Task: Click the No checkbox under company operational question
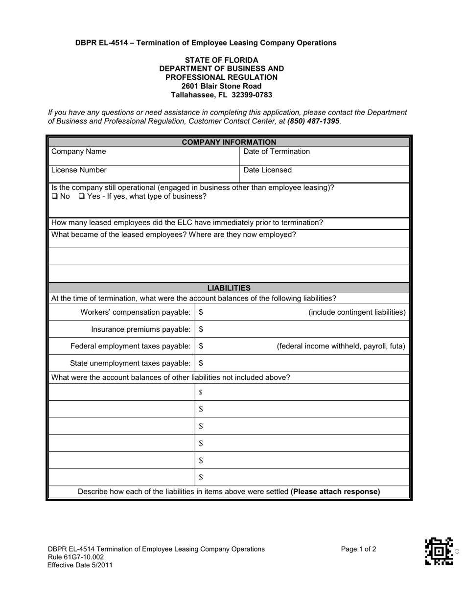click(54, 197)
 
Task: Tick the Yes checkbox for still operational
click(82, 197)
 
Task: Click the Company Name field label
click(78, 152)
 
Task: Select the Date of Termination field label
click(277, 152)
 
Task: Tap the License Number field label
click(79, 170)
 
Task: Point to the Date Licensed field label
click(267, 170)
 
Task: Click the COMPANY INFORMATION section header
click(229, 142)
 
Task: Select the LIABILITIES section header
click(229, 288)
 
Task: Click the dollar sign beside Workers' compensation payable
click(201, 312)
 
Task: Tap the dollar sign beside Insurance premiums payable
click(201, 329)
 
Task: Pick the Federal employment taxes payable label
click(130, 347)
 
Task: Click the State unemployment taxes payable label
click(130, 363)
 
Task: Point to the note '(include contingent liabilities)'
click(357, 312)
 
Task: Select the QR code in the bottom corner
click(439, 551)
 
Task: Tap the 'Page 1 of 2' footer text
click(358, 549)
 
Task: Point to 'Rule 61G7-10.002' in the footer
click(76, 557)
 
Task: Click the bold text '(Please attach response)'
click(335, 492)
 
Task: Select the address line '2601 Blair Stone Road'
click(221, 86)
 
